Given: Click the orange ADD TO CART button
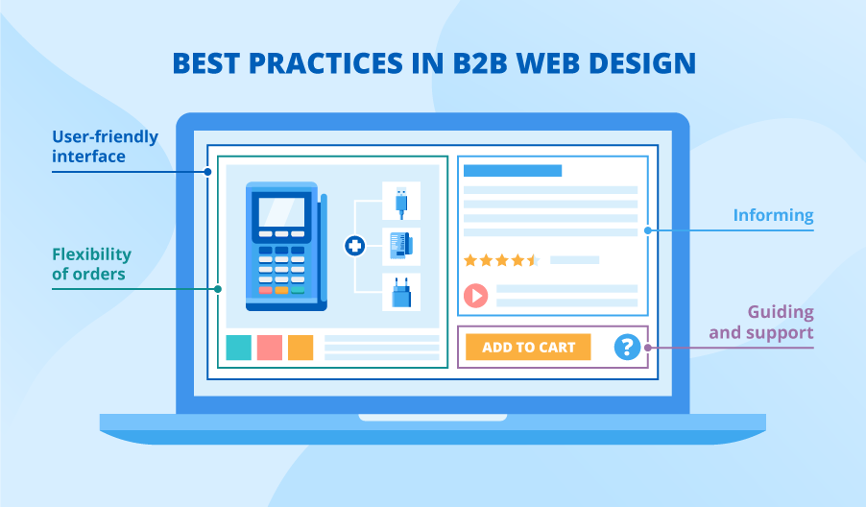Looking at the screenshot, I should point(528,347).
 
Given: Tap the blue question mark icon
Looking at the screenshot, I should point(628,347).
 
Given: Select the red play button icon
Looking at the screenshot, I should point(476,296).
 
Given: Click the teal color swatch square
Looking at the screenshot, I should point(238,348).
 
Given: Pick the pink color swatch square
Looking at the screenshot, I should point(270,348).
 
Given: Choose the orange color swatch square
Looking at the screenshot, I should point(301,348).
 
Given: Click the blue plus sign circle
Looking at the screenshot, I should point(355,247).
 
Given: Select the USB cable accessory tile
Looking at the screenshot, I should point(401,202).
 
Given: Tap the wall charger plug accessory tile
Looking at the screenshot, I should point(401,292).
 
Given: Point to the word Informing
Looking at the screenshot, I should point(773,216).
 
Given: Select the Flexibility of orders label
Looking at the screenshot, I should point(90,264).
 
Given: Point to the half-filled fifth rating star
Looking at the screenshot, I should point(534,260).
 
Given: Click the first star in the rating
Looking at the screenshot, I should point(470,260).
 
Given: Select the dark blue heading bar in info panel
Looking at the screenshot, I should point(513,171).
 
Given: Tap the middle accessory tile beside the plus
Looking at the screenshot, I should point(401,247).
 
